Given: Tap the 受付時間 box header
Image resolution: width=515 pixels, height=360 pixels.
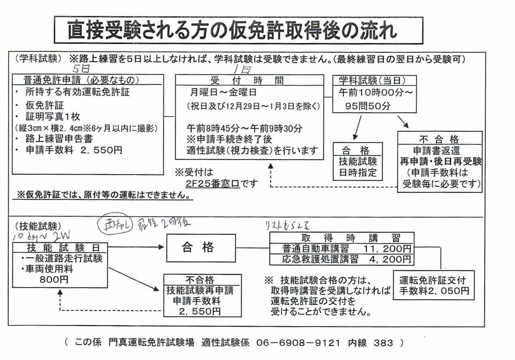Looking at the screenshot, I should coord(249,80).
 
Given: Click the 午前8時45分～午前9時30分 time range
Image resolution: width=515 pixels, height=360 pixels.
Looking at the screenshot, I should coord(245,129).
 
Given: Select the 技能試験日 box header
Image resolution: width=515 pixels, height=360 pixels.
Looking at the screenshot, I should coord(60,247).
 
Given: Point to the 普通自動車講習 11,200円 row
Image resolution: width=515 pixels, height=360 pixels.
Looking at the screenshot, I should coord(341,249).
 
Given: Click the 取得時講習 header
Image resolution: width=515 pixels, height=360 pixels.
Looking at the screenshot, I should coord(341,238).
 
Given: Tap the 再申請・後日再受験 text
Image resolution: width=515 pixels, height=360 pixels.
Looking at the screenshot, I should coord(440,161).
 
